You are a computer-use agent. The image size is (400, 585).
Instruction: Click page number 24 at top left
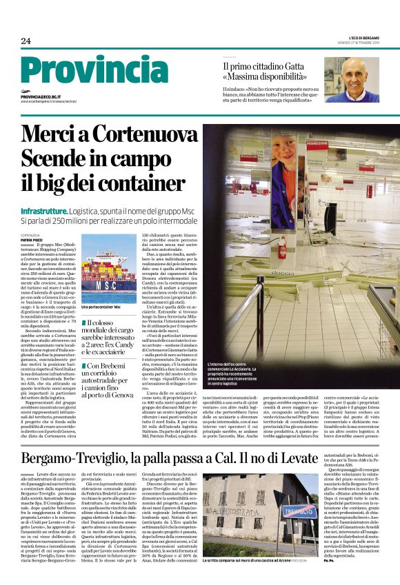[26, 41]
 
